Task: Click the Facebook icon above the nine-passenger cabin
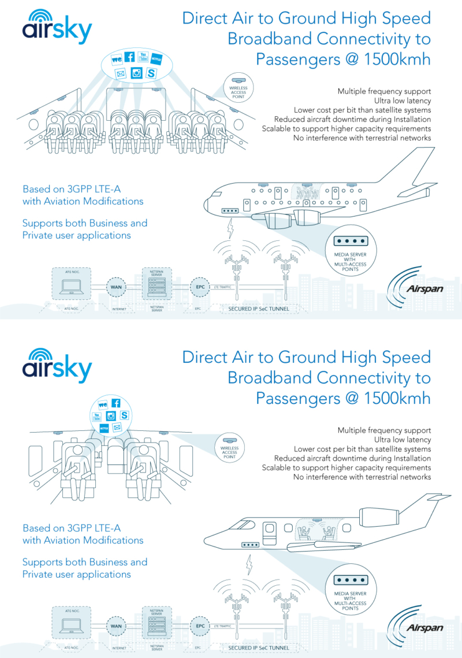coord(129,57)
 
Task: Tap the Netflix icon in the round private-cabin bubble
coord(104,429)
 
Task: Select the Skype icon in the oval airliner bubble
coord(151,73)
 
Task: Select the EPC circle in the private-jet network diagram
coord(200,626)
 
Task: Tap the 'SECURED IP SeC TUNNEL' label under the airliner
coord(258,308)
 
